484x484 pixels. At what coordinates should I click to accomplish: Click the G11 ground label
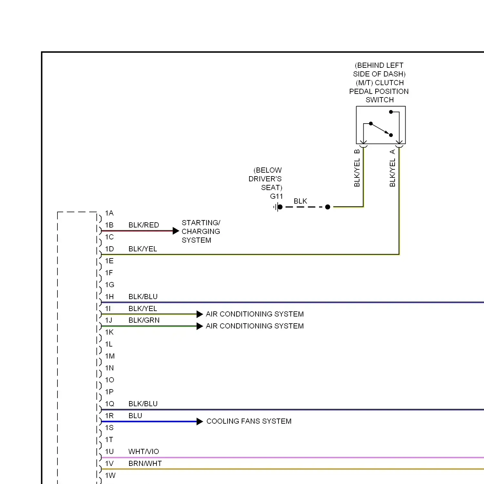tap(277, 196)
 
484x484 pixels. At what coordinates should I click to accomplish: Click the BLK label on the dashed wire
tap(300, 201)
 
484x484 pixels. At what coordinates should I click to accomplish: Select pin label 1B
tap(109, 225)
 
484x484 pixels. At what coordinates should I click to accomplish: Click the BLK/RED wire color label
tap(144, 225)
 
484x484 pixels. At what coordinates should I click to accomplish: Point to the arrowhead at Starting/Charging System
tap(176, 231)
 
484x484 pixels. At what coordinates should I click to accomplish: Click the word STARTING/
tap(201, 223)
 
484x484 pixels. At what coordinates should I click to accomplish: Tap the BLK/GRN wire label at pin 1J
tap(144, 320)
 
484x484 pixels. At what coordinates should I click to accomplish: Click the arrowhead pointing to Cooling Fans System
tap(200, 421)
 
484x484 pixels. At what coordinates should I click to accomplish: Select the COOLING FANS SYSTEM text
tap(249, 421)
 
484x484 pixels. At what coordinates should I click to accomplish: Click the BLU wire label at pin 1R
tap(135, 416)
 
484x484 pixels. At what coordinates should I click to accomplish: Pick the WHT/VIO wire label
tap(144, 451)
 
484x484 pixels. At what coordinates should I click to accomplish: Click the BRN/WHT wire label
tap(145, 463)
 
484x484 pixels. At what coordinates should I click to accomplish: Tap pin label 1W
tap(110, 475)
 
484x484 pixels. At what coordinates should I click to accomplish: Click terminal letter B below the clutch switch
tap(357, 152)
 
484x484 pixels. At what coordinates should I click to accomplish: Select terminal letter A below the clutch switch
tap(392, 152)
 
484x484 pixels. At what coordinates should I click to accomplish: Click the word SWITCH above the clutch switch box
tap(379, 100)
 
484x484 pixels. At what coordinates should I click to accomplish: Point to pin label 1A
tap(109, 213)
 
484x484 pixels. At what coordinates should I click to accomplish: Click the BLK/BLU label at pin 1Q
tap(143, 404)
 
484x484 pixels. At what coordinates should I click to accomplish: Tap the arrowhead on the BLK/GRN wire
tap(200, 326)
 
